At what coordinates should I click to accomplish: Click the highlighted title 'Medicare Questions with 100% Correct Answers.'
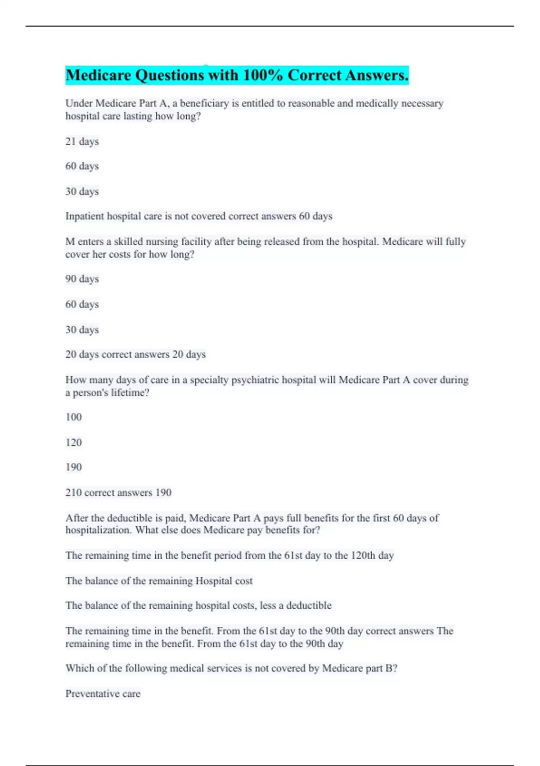[x=237, y=75]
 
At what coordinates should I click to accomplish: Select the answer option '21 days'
[x=82, y=141]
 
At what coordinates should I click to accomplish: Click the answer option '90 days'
[x=82, y=279]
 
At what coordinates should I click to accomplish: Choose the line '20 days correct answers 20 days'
[x=135, y=355]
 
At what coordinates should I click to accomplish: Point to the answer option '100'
[x=74, y=417]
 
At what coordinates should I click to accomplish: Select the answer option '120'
[x=74, y=442]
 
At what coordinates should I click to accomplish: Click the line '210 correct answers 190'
[x=118, y=492]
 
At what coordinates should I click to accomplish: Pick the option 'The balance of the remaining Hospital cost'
[x=159, y=581]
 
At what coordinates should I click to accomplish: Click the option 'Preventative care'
[x=103, y=694]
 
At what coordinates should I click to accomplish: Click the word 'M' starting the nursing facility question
[x=70, y=242]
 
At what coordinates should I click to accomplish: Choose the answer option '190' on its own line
[x=74, y=467]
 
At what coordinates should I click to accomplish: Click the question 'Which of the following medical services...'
[x=231, y=668]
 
